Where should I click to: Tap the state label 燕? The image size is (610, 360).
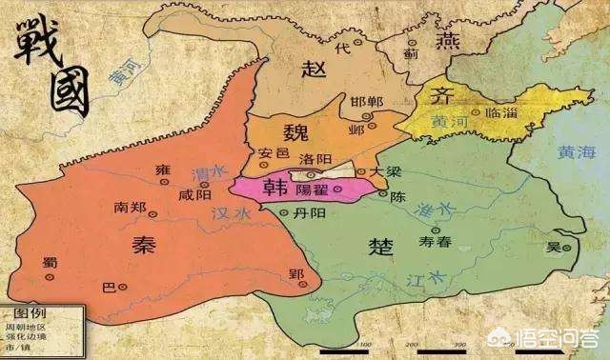(419, 40)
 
